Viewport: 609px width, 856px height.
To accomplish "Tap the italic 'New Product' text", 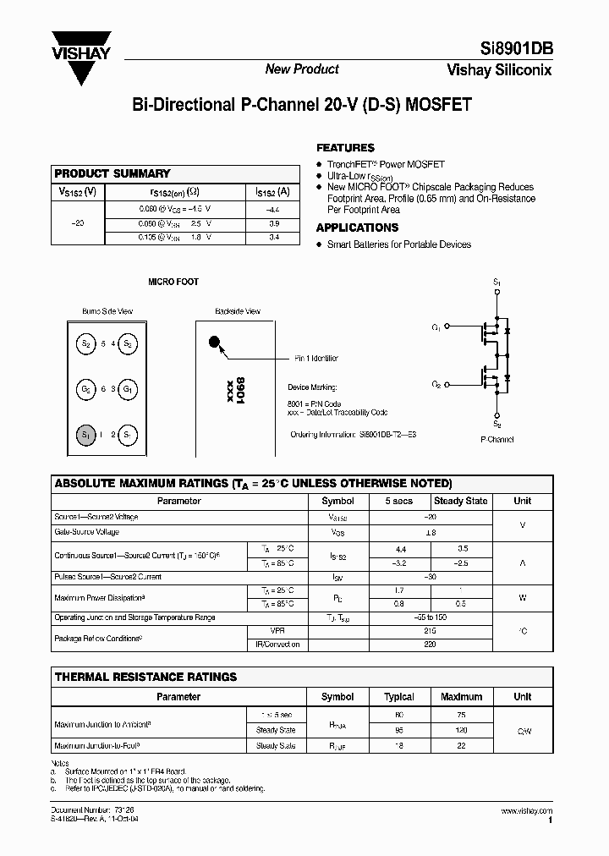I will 302,69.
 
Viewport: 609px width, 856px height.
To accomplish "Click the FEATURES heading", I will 345,147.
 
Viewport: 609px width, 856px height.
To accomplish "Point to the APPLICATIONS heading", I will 357,228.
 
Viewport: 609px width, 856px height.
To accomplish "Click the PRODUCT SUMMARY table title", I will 112,173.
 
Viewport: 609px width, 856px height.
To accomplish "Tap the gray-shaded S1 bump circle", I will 85,435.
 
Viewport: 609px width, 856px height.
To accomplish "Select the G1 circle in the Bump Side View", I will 129,389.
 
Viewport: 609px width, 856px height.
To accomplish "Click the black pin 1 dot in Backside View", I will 215,343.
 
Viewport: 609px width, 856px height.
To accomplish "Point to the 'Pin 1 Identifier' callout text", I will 315,359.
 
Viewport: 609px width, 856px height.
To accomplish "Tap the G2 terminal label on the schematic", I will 436,383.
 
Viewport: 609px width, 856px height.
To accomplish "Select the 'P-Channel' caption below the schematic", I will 497,439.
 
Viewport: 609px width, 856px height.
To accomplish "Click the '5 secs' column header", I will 399,501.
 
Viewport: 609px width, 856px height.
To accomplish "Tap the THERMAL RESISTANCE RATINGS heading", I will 145,677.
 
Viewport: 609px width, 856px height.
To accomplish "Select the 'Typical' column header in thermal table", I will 399,697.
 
